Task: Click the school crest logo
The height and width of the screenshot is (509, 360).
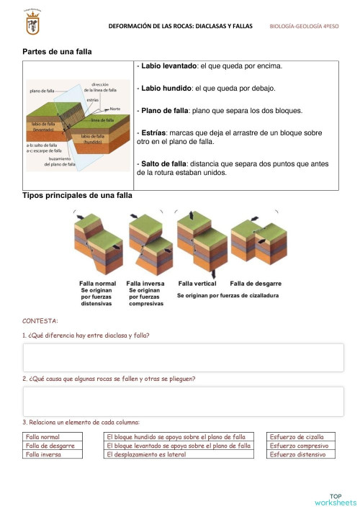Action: click(32, 25)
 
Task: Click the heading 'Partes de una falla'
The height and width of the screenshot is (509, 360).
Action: click(57, 52)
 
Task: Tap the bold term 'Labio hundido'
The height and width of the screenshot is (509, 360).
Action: click(165, 89)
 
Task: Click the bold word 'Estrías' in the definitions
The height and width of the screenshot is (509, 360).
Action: click(154, 132)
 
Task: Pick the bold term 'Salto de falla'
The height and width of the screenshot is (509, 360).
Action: click(163, 164)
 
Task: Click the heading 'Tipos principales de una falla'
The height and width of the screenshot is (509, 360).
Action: click(77, 195)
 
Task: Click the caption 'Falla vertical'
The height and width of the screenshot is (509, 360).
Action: click(197, 284)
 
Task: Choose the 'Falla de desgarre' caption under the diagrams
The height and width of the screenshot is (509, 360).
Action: click(255, 284)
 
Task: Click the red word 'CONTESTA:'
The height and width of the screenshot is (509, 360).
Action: click(40, 320)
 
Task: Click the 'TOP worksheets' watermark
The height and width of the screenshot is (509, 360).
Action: click(335, 499)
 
